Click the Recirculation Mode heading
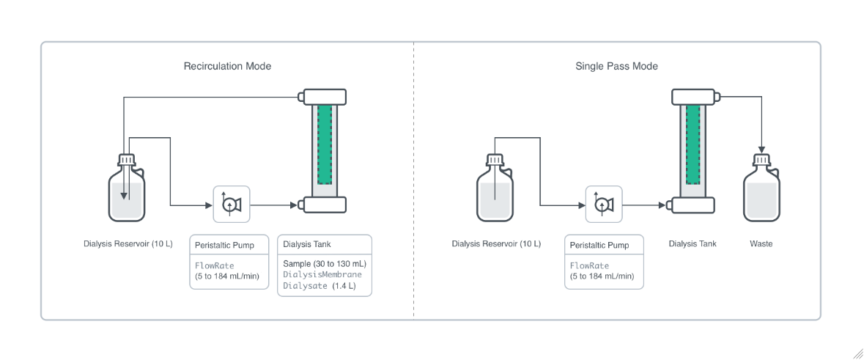(x=227, y=66)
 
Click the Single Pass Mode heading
(x=616, y=66)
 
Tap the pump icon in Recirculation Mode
(x=232, y=204)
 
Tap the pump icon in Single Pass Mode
(x=604, y=204)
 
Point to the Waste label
(x=761, y=243)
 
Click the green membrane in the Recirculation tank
(x=325, y=145)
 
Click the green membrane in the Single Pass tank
(x=693, y=145)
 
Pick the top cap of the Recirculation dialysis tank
(x=322, y=97)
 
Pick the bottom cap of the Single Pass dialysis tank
(x=693, y=205)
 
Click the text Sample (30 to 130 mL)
(x=324, y=263)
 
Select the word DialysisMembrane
(x=322, y=274)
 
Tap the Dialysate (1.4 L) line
(x=319, y=286)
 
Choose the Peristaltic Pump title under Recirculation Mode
(x=224, y=245)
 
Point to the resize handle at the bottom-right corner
(x=857, y=353)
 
